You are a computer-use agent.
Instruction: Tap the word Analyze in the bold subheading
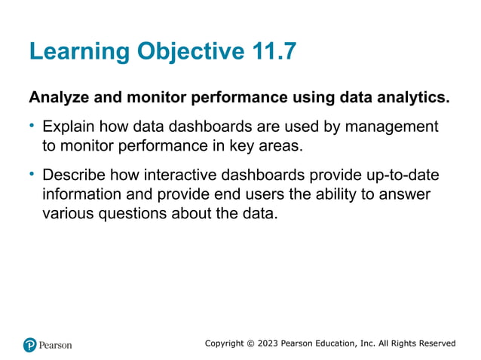click(x=58, y=98)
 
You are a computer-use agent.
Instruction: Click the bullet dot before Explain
click(x=32, y=125)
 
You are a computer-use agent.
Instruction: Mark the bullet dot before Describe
click(x=32, y=175)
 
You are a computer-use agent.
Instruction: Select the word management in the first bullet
click(x=394, y=127)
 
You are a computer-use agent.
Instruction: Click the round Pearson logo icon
click(x=30, y=345)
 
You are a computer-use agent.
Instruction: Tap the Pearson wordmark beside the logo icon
click(x=57, y=345)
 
